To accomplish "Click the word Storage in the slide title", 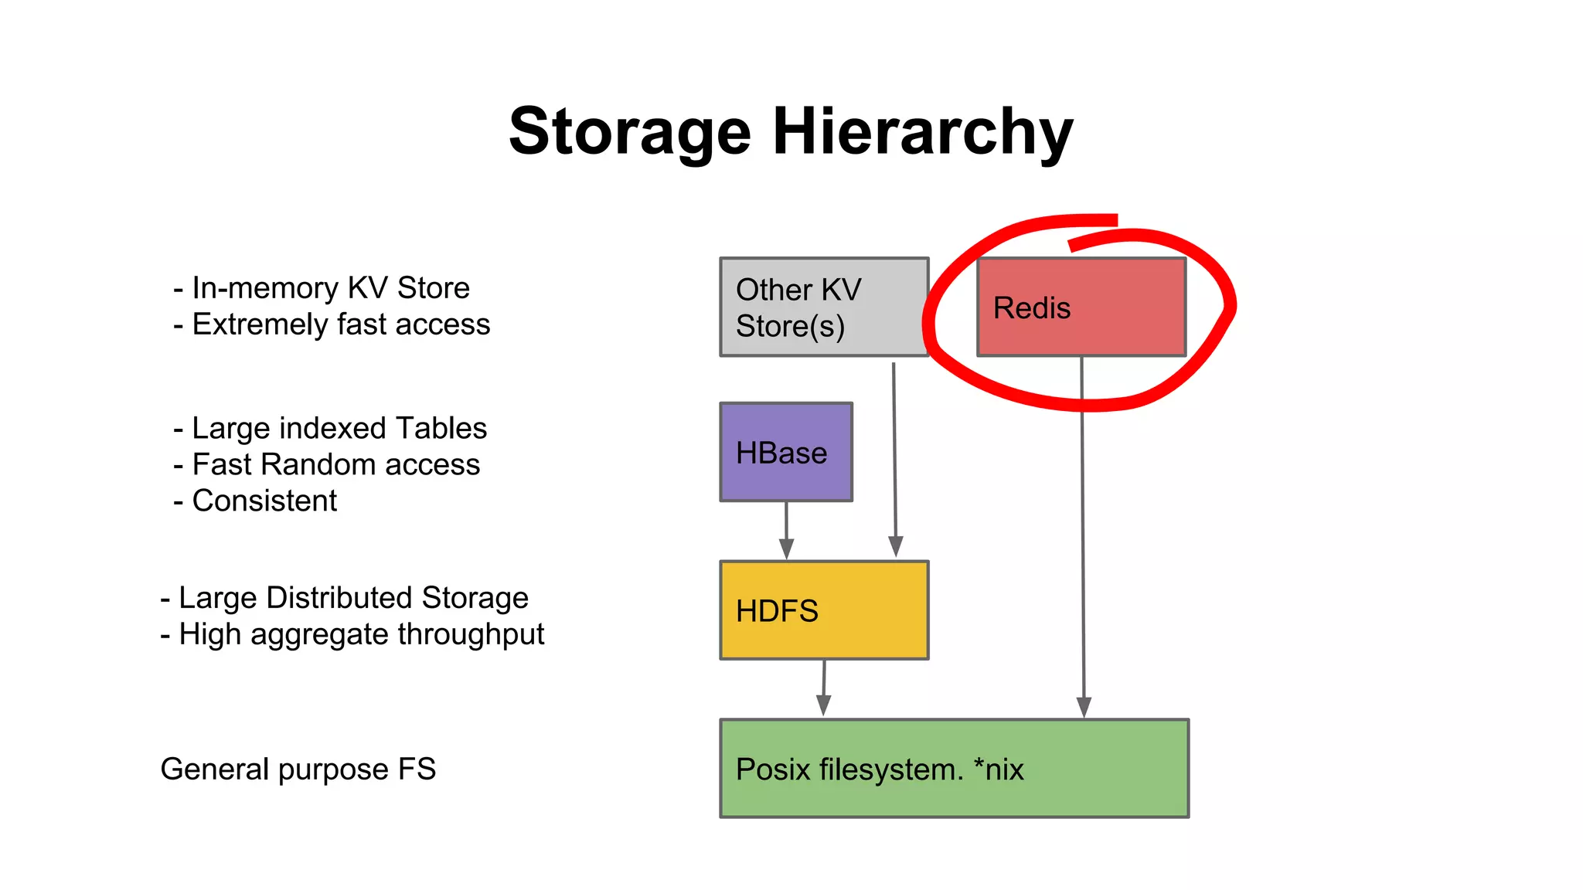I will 629,131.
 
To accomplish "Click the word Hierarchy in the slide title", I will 923,131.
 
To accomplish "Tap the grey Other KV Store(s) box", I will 824,307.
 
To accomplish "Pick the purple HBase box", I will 785,452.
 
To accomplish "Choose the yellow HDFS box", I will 824,610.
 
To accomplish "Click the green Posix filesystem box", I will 954,768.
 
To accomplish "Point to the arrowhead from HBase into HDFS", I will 786,549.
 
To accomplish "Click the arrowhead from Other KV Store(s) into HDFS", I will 896,546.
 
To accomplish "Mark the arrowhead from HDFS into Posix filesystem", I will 823,705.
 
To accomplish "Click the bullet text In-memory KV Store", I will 330,288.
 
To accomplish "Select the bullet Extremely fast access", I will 340,324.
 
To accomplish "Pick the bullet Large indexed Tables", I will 339,428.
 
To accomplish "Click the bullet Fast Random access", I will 335,464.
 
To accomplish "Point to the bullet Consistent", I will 264,501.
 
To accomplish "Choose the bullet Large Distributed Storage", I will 353,598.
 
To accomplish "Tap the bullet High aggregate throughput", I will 361,634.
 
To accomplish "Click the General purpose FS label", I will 298,769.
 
